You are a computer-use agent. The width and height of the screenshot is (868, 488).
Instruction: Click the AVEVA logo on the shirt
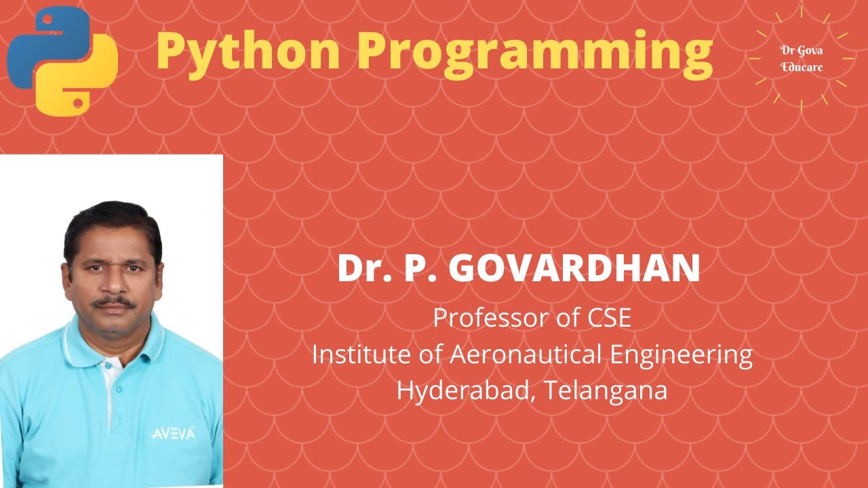(x=173, y=433)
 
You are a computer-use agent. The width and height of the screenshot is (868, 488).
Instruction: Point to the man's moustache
(x=114, y=302)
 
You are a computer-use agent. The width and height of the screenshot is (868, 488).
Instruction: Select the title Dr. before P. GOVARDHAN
(x=363, y=268)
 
